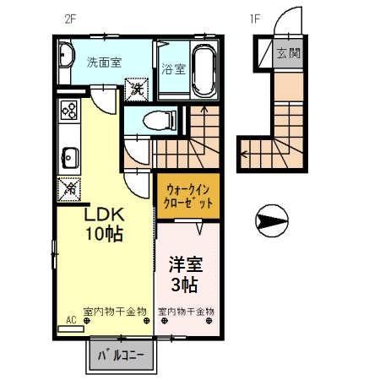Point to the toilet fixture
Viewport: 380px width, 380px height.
(x=152, y=121)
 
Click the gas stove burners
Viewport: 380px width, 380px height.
(x=68, y=111)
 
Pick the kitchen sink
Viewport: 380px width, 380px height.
(x=68, y=157)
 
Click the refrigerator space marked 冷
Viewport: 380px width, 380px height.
(x=68, y=192)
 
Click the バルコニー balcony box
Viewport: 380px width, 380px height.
(x=121, y=356)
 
